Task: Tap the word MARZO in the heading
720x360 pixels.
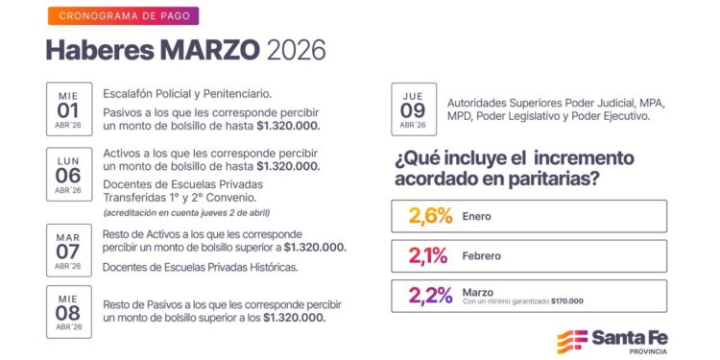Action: pos(208,49)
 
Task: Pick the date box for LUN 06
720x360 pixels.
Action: pos(69,170)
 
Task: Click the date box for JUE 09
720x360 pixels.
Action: pos(414,109)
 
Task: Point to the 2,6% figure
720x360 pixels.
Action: pos(430,216)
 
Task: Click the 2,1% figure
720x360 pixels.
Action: pos(428,256)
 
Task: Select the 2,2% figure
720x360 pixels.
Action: pos(430,295)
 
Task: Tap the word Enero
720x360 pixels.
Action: pos(477,217)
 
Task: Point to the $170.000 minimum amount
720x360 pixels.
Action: pos(566,301)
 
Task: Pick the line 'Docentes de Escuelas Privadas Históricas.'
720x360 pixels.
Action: pos(200,267)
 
